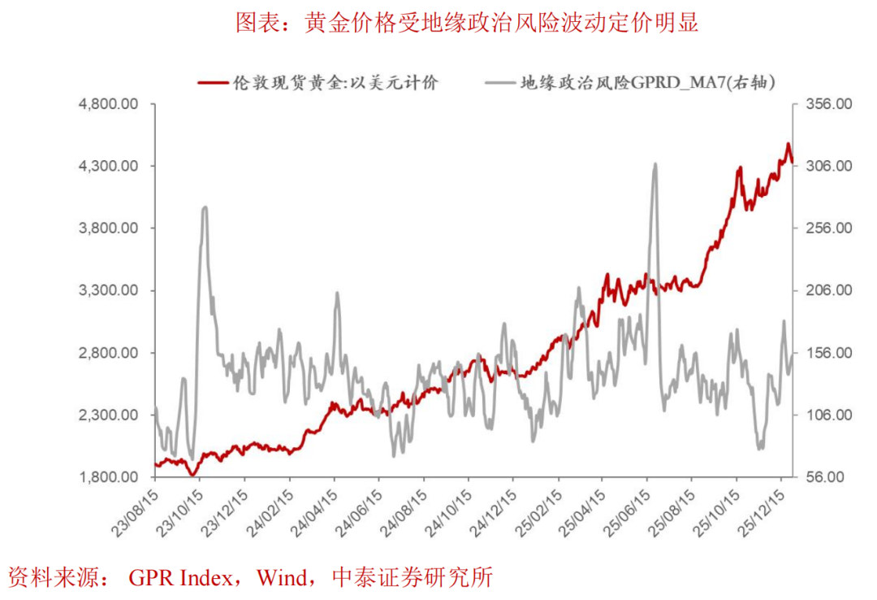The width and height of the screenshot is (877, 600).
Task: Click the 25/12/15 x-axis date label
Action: click(x=761, y=509)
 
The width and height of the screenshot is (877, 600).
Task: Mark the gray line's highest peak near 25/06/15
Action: click(x=655, y=164)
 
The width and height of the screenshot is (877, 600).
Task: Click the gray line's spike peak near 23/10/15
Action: click(x=205, y=207)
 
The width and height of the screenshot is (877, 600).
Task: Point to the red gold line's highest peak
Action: click(x=788, y=145)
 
